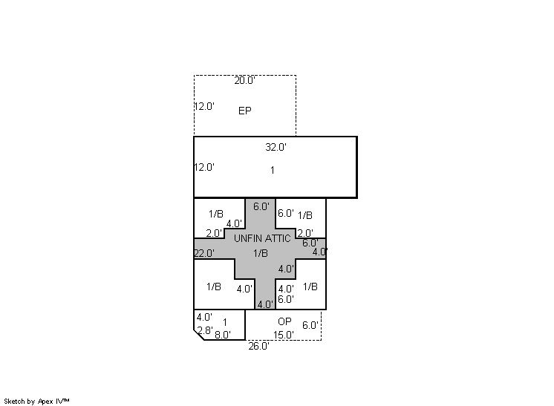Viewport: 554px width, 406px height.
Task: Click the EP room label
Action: pos(245,111)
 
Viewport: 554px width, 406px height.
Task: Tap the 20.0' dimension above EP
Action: pos(244,80)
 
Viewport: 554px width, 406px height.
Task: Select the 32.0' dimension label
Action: pos(276,147)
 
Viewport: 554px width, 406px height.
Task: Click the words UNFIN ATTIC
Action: pos(262,238)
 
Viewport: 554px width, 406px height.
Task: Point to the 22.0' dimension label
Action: pos(204,254)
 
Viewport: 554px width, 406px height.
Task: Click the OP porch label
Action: pos(284,321)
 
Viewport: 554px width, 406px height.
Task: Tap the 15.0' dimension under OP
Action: pos(284,335)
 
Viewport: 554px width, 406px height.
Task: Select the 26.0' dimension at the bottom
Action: pos(258,347)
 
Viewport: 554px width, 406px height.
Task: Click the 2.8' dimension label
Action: pos(205,330)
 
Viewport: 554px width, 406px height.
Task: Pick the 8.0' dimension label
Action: pos(223,335)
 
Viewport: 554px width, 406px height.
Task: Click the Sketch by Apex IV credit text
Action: pos(36,402)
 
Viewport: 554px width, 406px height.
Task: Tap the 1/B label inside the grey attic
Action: pos(261,253)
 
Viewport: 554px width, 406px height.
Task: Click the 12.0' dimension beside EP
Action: pos(204,106)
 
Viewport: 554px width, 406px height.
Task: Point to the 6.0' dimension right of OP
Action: pos(310,325)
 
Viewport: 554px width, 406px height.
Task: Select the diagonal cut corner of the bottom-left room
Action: pos(199,335)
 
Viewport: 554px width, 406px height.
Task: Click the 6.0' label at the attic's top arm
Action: pos(261,206)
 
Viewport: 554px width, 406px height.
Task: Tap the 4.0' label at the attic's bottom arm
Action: pos(265,304)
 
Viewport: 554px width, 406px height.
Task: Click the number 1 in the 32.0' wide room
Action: pos(273,170)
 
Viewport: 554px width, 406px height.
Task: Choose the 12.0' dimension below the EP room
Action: pos(204,167)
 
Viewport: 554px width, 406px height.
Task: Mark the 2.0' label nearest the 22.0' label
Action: pos(214,233)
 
